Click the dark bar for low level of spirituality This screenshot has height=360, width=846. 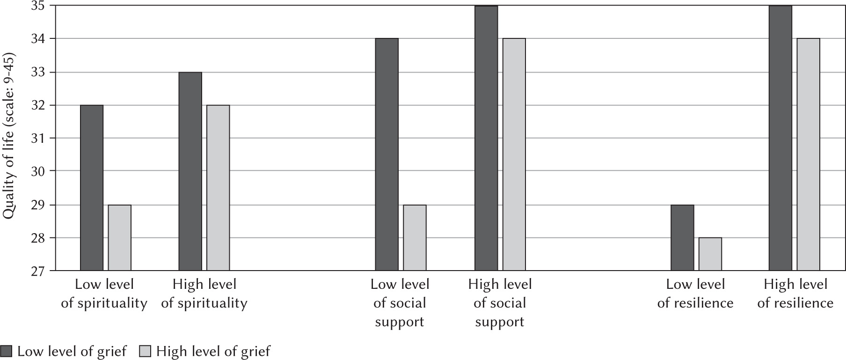(x=92, y=188)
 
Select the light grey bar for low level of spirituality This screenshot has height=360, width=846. (x=120, y=238)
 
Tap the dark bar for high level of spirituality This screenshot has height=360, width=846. (x=190, y=171)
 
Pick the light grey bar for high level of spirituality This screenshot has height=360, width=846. (x=219, y=188)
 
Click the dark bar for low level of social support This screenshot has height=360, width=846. (x=387, y=154)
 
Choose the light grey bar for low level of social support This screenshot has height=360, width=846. (x=415, y=238)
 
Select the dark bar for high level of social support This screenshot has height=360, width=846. (x=486, y=138)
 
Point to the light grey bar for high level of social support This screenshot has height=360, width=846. (x=514, y=154)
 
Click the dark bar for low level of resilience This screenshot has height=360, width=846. (x=682, y=238)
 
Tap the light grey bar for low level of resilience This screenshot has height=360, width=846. (x=710, y=254)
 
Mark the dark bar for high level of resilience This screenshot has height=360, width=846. (x=780, y=138)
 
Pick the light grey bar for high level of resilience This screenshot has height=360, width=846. (x=809, y=154)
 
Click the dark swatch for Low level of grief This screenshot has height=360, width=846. (x=6, y=352)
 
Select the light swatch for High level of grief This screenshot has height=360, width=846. (x=145, y=352)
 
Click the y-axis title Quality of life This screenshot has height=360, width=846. (x=9, y=138)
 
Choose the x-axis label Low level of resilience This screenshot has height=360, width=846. (x=695, y=294)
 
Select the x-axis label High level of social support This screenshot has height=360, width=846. (x=500, y=303)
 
